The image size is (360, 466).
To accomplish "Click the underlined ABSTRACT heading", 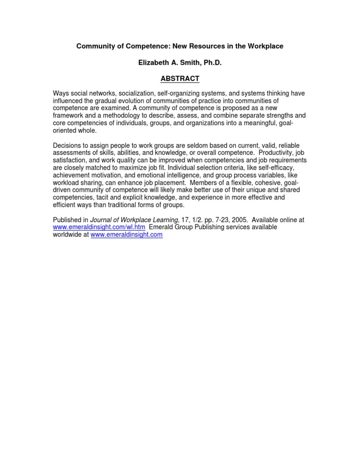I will [x=180, y=78].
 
